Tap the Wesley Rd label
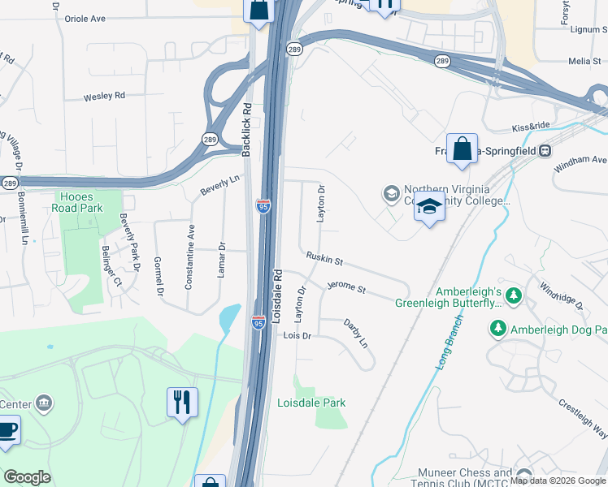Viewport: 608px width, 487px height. (x=104, y=96)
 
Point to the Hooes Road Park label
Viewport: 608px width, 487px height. (x=80, y=202)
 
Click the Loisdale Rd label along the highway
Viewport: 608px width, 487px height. (x=277, y=297)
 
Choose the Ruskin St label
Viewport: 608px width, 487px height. (x=324, y=259)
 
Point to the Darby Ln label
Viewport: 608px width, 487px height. (x=356, y=334)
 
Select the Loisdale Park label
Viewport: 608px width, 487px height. (x=311, y=403)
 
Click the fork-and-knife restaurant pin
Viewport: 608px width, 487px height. (x=182, y=402)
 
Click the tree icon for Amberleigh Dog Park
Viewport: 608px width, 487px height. (x=497, y=329)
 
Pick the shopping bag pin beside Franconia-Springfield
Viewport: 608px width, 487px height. (x=462, y=149)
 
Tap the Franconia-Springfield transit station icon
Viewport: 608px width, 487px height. (x=545, y=150)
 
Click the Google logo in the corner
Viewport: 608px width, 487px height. (x=27, y=477)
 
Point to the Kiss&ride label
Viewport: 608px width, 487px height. (x=531, y=127)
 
